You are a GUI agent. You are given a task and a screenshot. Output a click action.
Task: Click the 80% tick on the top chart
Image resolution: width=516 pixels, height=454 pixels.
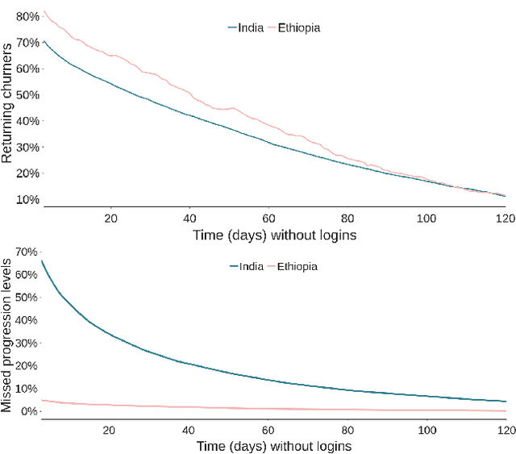pyautogui.click(x=26, y=16)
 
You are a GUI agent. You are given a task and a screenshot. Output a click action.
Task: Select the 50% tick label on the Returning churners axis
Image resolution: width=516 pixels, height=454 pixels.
pyautogui.click(x=26, y=95)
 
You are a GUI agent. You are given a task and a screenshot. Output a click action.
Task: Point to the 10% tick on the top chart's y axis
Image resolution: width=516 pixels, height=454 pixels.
pyautogui.click(x=26, y=200)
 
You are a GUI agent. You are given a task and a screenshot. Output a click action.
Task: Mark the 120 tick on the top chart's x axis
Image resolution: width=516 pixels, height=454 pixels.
pyautogui.click(x=505, y=218)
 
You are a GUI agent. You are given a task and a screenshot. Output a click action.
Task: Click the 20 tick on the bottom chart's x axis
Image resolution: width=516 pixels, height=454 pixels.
pyautogui.click(x=110, y=430)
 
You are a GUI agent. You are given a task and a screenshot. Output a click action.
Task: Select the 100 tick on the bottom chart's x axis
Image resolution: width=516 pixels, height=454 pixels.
pyautogui.click(x=427, y=430)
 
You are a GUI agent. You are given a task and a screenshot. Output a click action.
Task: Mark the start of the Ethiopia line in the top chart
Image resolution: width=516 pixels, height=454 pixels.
pyautogui.click(x=44, y=11)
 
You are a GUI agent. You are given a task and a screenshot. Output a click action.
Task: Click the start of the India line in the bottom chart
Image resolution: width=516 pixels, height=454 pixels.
pyautogui.click(x=42, y=260)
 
